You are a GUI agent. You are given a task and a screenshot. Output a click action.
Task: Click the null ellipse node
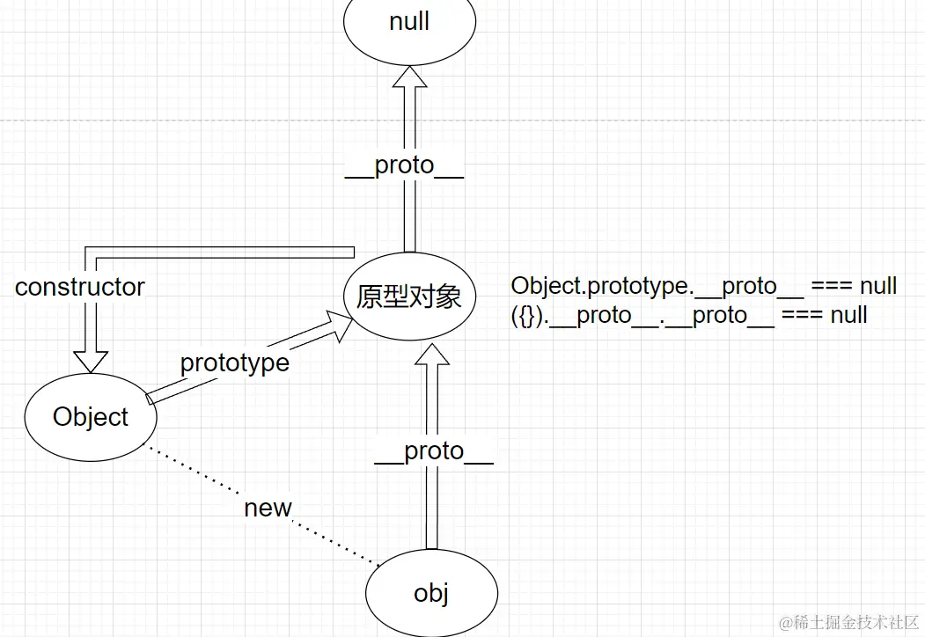[x=409, y=23]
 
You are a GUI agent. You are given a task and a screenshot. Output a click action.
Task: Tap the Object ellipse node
[x=91, y=417]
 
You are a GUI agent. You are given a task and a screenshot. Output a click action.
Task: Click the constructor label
[x=80, y=287]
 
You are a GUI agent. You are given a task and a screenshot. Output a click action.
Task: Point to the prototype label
[x=234, y=362]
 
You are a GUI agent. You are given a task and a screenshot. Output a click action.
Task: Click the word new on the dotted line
[x=268, y=508]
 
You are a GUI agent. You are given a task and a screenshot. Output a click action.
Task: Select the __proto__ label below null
[x=404, y=165]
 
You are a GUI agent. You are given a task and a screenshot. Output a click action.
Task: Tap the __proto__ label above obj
[x=433, y=451]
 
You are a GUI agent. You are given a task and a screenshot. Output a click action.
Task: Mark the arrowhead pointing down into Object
[x=90, y=361]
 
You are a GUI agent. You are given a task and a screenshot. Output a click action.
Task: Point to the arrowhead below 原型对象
[x=431, y=354]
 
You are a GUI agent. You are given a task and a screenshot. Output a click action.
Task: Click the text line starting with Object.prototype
[x=703, y=286]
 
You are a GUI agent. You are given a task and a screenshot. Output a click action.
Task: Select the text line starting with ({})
[x=689, y=315]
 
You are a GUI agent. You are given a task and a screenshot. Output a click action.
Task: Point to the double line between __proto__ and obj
[x=432, y=510]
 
